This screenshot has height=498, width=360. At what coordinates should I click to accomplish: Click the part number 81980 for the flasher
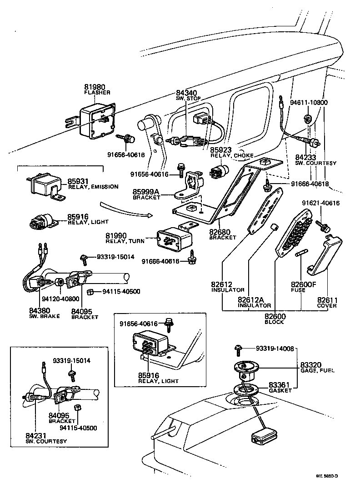click(94, 87)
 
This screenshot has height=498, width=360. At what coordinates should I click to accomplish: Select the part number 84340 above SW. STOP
click(185, 93)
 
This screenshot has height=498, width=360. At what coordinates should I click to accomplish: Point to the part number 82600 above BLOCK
click(275, 316)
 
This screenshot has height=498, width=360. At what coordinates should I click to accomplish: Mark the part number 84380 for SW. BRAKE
click(39, 311)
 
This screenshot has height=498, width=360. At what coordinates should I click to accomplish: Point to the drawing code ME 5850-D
click(327, 476)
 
